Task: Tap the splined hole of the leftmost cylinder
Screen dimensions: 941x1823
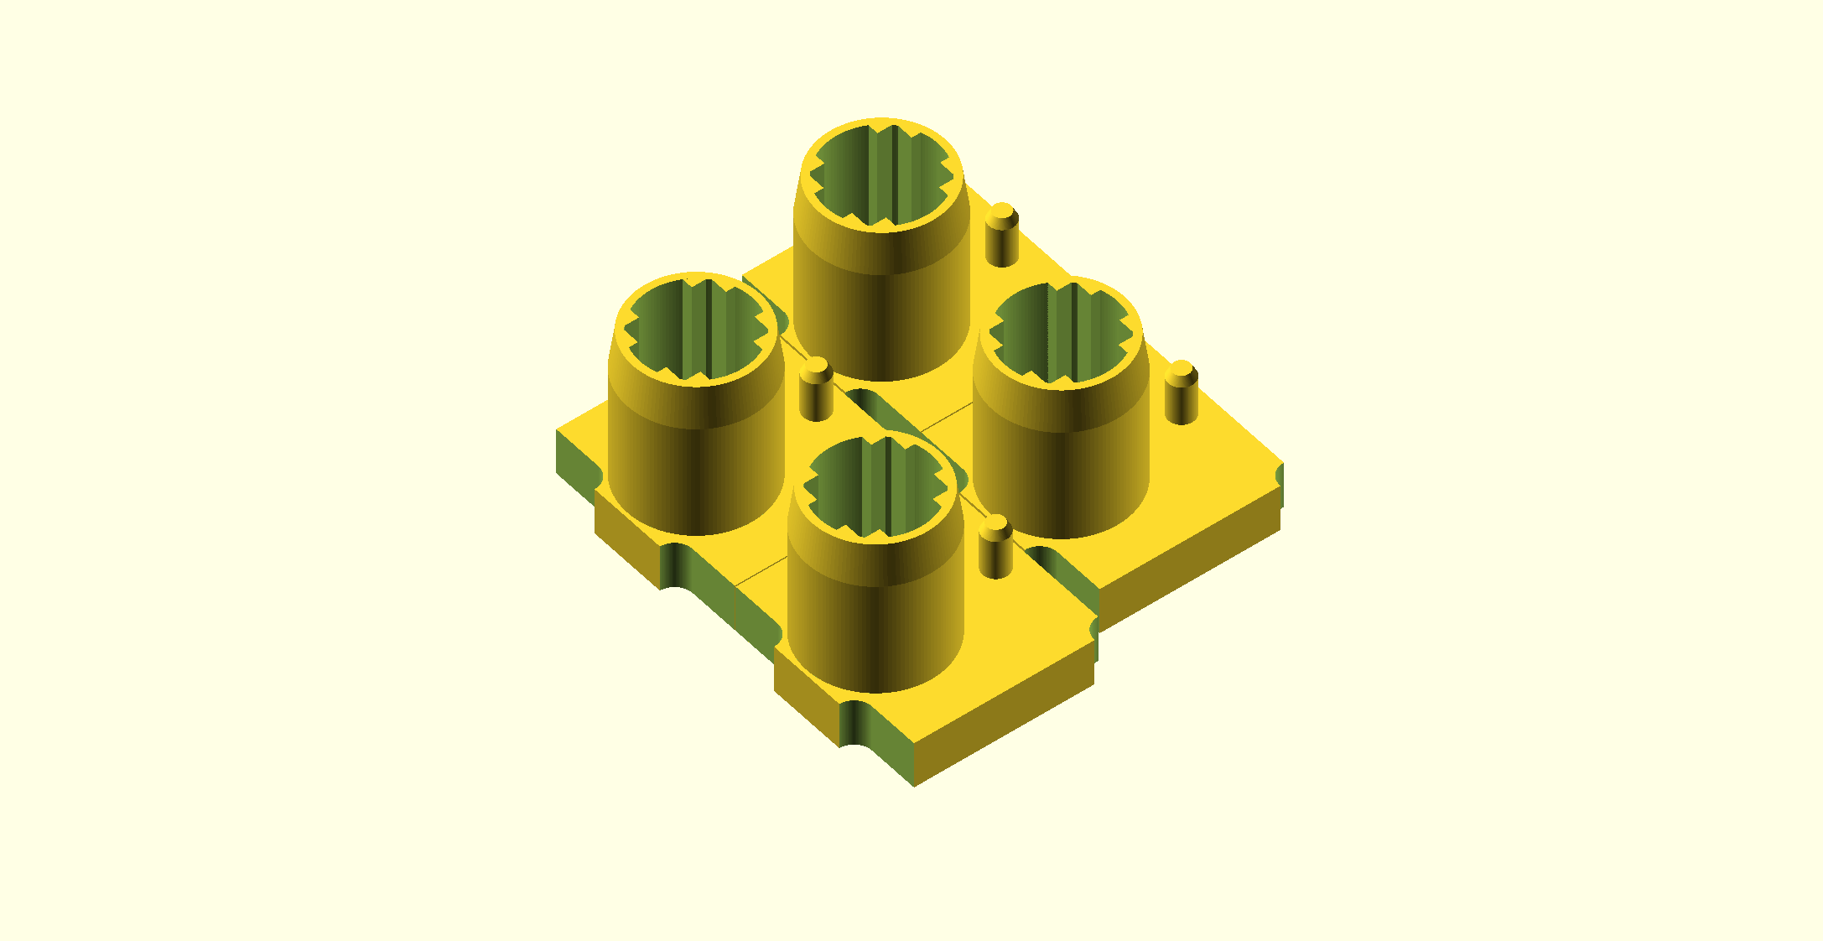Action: [x=696, y=332]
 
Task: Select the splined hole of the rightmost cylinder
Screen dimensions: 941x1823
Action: [x=1062, y=335]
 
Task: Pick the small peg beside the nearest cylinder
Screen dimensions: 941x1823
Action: [x=995, y=549]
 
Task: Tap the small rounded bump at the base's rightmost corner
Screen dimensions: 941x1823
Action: [x=1280, y=476]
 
